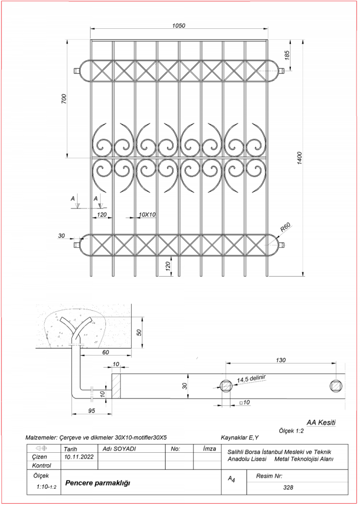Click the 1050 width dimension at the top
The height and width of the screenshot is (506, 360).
click(179, 26)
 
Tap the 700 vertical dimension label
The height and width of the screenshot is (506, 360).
click(64, 98)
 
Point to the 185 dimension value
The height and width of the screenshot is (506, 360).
click(287, 55)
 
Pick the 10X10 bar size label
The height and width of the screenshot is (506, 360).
click(147, 214)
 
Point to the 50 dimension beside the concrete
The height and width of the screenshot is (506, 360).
click(139, 332)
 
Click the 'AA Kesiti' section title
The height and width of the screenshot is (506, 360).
click(321, 422)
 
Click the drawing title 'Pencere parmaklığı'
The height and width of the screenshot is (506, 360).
click(97, 482)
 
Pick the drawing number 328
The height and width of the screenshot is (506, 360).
click(288, 487)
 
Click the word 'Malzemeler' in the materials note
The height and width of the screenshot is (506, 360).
click(41, 438)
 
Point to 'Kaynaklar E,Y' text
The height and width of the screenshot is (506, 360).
click(240, 437)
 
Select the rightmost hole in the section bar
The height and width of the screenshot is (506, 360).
click(337, 386)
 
